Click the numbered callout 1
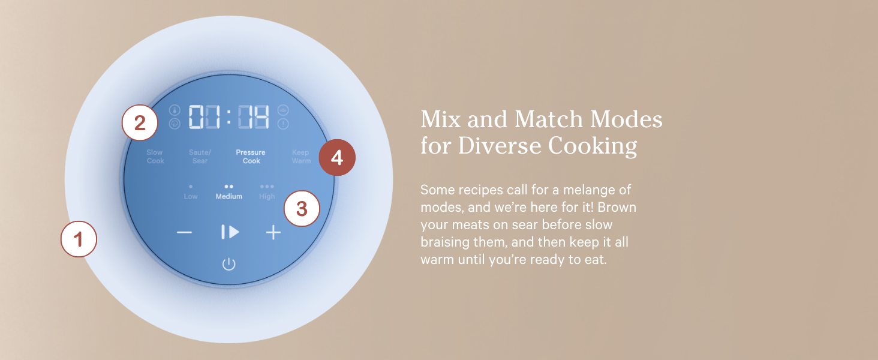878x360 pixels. click(x=79, y=239)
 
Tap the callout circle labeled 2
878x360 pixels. click(x=140, y=123)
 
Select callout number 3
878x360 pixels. click(x=302, y=208)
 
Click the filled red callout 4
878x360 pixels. click(x=336, y=158)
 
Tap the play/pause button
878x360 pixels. click(x=230, y=232)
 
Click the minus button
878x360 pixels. click(x=184, y=233)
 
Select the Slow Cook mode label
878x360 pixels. click(x=155, y=157)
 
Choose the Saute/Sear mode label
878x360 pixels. click(x=200, y=157)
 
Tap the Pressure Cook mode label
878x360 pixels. click(x=251, y=157)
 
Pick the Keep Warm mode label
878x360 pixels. click(x=301, y=157)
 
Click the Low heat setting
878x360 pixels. click(x=191, y=193)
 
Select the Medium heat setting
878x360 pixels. click(x=229, y=193)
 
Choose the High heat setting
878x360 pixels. click(x=267, y=193)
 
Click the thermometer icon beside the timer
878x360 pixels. click(x=175, y=110)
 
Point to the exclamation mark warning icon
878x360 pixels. click(x=283, y=124)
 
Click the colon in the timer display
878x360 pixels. click(x=228, y=117)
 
